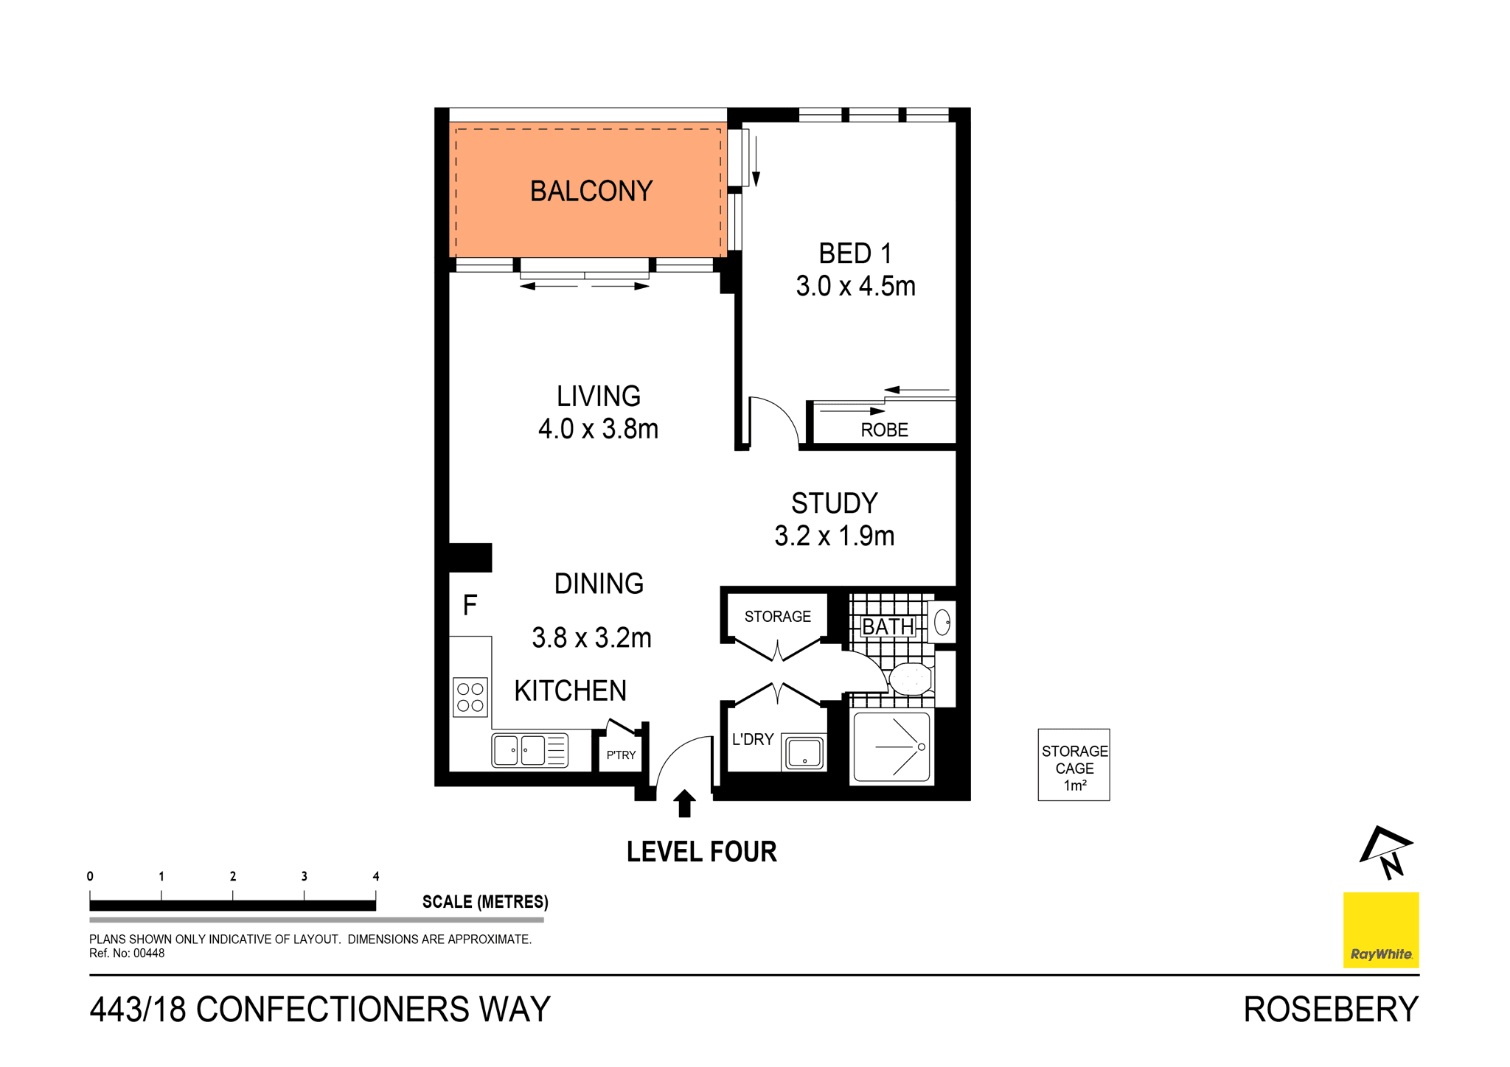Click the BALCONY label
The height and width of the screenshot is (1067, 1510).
(x=591, y=192)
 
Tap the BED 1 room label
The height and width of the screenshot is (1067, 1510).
(x=855, y=254)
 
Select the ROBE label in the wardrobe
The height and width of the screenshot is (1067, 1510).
(x=884, y=430)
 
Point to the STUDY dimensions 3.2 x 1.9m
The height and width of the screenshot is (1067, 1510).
(x=834, y=536)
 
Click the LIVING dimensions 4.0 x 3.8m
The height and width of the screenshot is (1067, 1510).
(x=598, y=429)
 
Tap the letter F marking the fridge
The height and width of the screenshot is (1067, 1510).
(x=470, y=606)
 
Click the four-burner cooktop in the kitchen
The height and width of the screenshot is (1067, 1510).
(x=470, y=697)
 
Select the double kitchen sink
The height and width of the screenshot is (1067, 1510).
(x=529, y=750)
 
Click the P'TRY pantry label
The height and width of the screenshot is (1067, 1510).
(x=621, y=755)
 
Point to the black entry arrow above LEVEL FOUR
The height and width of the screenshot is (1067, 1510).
(x=684, y=802)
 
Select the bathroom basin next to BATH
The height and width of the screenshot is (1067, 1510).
(x=942, y=623)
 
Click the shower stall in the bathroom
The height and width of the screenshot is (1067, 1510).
(x=891, y=746)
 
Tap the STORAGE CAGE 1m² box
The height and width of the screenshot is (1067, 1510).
(x=1074, y=765)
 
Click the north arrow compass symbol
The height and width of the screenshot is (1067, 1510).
(x=1386, y=853)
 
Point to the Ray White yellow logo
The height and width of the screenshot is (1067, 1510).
(x=1381, y=930)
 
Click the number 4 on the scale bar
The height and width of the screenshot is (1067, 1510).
(x=376, y=876)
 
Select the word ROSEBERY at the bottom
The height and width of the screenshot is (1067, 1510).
(x=1330, y=1010)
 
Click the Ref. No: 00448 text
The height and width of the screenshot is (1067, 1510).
(x=127, y=954)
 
